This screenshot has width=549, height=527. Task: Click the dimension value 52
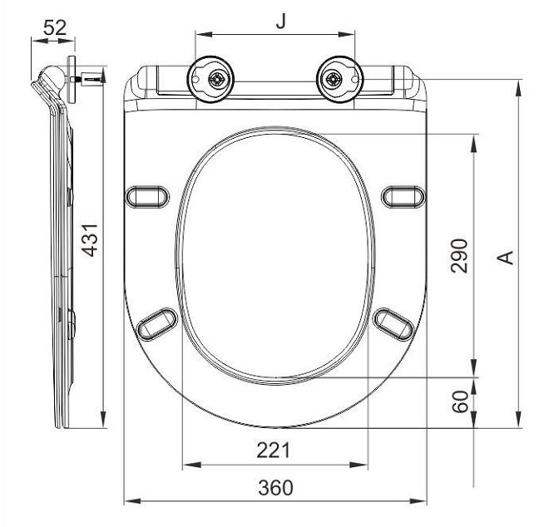(54, 27)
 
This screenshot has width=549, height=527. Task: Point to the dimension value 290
(460, 255)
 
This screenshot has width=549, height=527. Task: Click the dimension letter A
(504, 258)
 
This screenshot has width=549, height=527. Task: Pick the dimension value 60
(460, 404)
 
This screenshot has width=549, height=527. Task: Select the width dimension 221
(273, 450)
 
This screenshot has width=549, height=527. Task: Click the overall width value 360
(274, 488)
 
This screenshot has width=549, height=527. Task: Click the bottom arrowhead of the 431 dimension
(102, 422)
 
